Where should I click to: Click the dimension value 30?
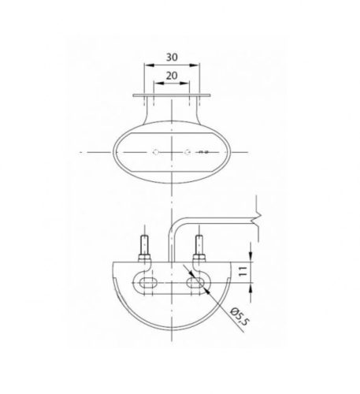click(x=172, y=57)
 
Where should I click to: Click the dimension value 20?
click(x=172, y=76)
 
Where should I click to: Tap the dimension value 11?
click(x=243, y=271)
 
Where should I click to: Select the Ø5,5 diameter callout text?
click(x=239, y=317)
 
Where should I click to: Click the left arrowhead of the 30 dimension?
click(x=149, y=65)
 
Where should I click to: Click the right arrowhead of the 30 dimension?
click(x=195, y=65)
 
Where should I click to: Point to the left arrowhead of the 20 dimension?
click(x=158, y=84)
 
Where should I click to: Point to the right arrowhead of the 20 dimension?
click(x=184, y=84)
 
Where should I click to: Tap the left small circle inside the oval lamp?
click(x=156, y=152)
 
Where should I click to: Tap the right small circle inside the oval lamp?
click(x=187, y=152)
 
